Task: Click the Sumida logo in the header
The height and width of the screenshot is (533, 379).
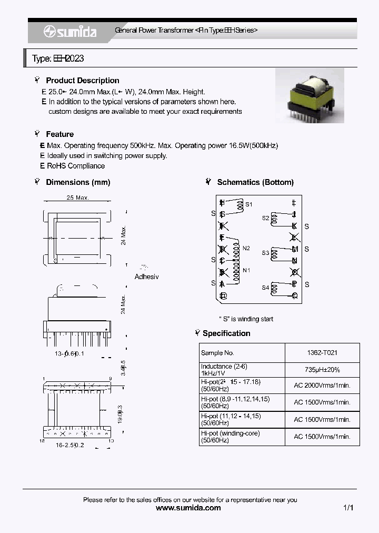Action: (x=70, y=32)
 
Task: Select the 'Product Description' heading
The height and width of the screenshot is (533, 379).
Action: (x=82, y=81)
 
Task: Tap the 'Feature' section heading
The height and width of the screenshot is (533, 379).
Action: (x=59, y=134)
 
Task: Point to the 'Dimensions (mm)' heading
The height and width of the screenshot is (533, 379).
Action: (x=78, y=182)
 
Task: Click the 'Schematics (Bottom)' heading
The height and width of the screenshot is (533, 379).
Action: (x=255, y=182)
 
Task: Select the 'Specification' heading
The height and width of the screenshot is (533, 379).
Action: (x=226, y=333)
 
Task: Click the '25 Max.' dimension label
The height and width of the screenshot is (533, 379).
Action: (x=78, y=198)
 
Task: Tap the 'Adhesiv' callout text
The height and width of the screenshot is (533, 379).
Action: (x=146, y=277)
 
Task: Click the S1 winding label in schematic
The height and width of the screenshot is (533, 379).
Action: (x=249, y=204)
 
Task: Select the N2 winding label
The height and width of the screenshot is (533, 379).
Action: (x=246, y=248)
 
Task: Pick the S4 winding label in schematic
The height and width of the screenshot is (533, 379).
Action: (x=265, y=288)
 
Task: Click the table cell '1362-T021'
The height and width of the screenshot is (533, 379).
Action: (x=322, y=353)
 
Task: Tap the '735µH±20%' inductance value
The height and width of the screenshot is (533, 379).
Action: (x=322, y=370)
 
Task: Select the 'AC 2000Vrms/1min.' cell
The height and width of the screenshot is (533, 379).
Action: (x=322, y=386)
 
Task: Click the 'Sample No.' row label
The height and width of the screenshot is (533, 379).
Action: (x=217, y=353)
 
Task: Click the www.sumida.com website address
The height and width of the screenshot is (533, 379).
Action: (x=189, y=508)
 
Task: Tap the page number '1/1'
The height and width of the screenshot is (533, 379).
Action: (x=348, y=508)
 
